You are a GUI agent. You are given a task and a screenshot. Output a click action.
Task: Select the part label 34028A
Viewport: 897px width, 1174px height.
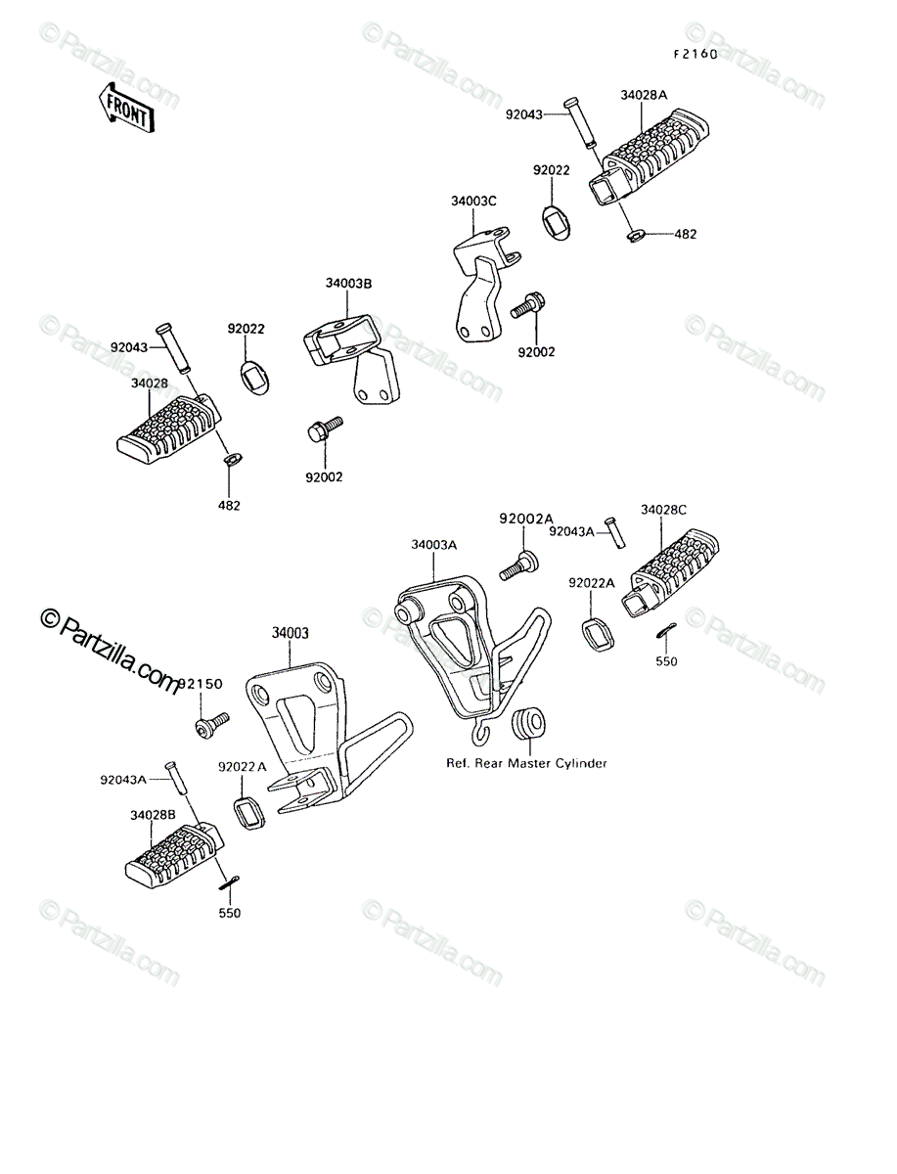coord(644,95)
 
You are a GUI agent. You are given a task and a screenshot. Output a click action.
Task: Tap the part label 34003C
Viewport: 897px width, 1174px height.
coord(473,202)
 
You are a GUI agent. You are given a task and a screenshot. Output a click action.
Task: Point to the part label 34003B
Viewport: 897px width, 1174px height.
coord(348,284)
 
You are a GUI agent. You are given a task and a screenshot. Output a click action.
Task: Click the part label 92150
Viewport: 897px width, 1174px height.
coord(200,684)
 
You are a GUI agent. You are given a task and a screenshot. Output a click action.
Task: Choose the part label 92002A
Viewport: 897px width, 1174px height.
coord(526,519)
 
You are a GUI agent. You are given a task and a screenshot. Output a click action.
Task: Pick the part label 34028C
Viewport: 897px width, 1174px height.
coord(663,510)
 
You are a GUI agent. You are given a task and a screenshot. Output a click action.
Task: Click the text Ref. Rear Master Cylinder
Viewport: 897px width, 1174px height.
coord(526,763)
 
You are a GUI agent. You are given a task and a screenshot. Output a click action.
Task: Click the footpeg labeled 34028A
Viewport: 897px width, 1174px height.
coord(649,157)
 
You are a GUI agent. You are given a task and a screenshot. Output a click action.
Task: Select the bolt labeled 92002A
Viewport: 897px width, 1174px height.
coord(519,565)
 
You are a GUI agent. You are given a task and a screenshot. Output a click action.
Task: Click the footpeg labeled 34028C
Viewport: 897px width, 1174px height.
coord(670,572)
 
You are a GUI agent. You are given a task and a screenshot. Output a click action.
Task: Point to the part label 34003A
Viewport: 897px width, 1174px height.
coord(434,545)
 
